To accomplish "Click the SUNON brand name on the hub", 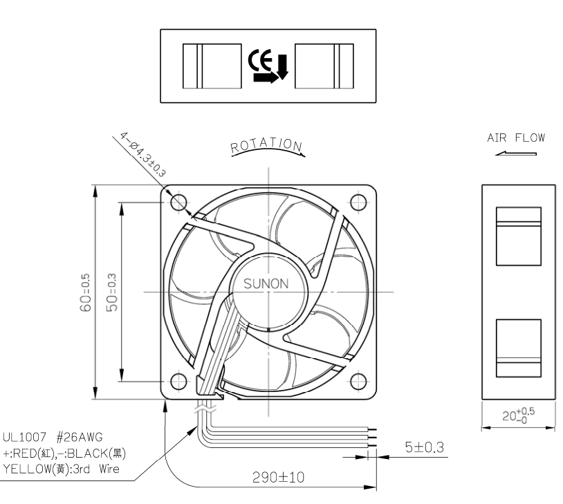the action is coord(266,284).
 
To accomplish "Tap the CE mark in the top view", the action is coord(260,60).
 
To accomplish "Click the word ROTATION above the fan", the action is coord(266,145).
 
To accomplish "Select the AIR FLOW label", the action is coord(516,138).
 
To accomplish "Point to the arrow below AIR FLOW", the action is coord(515,153).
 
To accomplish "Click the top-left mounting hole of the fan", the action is coord(178,203).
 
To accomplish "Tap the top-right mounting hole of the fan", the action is coord(358,203).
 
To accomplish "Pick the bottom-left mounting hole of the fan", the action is coord(178,381).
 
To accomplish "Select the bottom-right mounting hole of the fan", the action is coord(358,381).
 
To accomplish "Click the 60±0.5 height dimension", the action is coord(86,292).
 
